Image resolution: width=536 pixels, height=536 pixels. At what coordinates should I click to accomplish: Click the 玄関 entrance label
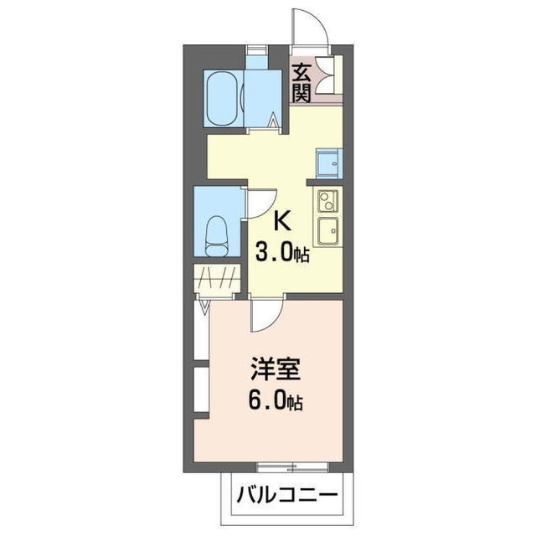(x=301, y=82)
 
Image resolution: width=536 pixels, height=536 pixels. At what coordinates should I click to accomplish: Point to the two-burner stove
(x=326, y=201)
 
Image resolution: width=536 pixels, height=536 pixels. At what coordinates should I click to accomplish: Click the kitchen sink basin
(x=326, y=228)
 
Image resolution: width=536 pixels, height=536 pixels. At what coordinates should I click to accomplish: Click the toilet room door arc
(x=260, y=204)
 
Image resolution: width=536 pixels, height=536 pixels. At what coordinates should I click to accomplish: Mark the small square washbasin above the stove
(x=327, y=162)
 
